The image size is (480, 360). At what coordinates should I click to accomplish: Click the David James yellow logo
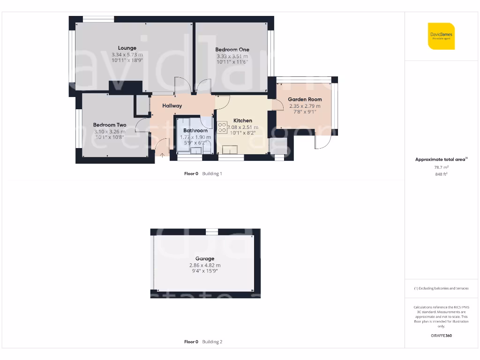click(441, 36)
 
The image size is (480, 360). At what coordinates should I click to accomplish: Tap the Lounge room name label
click(127, 48)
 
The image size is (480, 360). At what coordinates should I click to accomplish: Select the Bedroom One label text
click(232, 49)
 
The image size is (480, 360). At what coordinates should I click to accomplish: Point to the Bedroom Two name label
click(110, 125)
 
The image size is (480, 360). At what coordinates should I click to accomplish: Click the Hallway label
click(172, 106)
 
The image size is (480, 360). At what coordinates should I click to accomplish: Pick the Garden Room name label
click(305, 99)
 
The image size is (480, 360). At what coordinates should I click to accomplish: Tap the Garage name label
click(205, 259)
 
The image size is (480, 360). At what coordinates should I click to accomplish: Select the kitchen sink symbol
click(230, 150)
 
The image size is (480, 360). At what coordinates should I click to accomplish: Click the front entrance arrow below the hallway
click(162, 155)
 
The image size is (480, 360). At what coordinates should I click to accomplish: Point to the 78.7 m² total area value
click(441, 167)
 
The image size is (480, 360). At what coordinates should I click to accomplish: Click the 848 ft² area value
click(441, 173)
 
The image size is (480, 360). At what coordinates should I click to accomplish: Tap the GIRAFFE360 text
click(441, 336)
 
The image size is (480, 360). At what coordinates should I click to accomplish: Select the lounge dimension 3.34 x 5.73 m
click(127, 55)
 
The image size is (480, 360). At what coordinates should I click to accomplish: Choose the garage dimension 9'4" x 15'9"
click(205, 271)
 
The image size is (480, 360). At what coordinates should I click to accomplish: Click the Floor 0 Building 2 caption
click(203, 342)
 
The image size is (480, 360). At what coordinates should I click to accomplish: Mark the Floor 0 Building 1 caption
click(203, 173)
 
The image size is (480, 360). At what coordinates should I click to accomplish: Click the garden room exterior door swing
click(322, 141)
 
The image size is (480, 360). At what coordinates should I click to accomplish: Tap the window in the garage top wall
click(212, 232)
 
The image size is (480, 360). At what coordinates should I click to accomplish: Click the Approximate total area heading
click(441, 159)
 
